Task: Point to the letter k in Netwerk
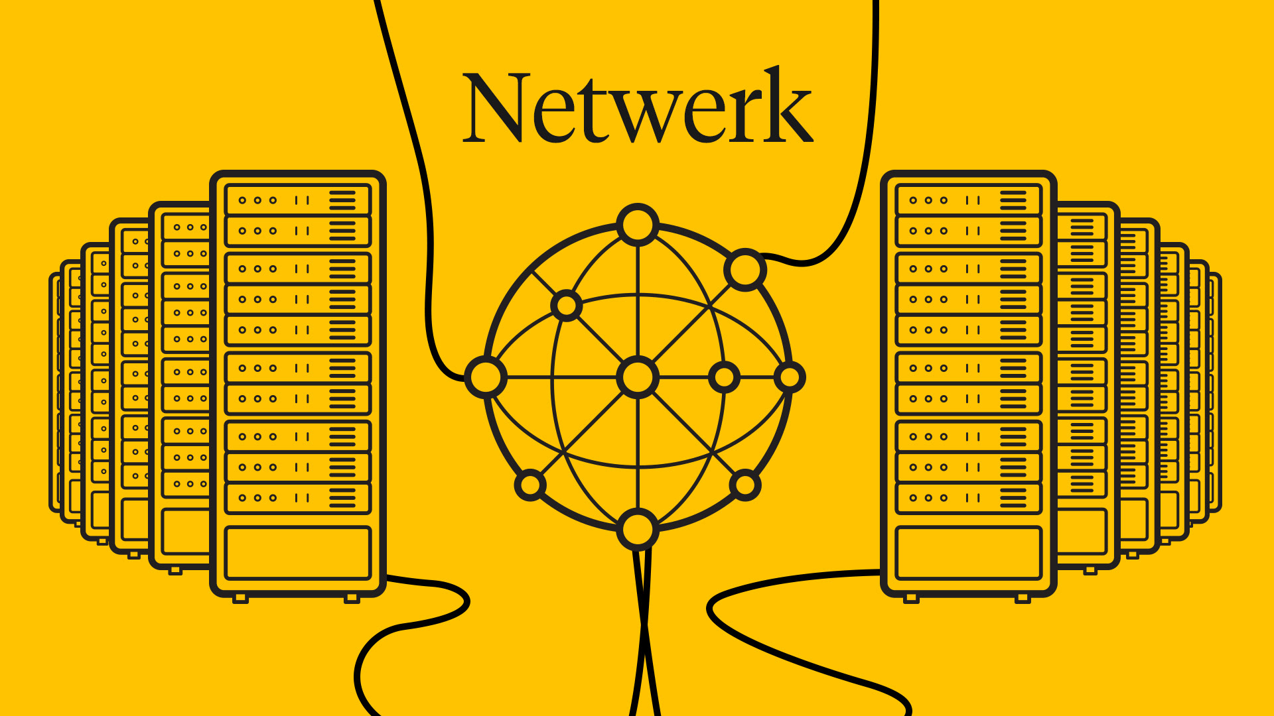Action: (786, 106)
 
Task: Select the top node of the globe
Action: (637, 224)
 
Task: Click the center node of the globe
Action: (637, 377)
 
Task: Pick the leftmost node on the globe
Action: (486, 377)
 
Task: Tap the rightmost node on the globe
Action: (789, 377)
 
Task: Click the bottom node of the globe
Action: (637, 529)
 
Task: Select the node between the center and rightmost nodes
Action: (724, 377)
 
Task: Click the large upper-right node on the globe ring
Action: (745, 269)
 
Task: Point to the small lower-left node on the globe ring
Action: (530, 485)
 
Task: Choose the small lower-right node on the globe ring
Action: (744, 485)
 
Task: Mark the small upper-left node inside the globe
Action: (566, 306)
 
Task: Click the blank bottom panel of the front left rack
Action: (298, 553)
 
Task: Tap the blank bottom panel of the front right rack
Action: (969, 553)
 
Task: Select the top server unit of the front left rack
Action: (298, 200)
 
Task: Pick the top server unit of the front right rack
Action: (969, 200)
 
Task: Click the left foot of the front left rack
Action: (240, 599)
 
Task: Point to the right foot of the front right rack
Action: (1023, 599)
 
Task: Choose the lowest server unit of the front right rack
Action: (969, 498)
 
